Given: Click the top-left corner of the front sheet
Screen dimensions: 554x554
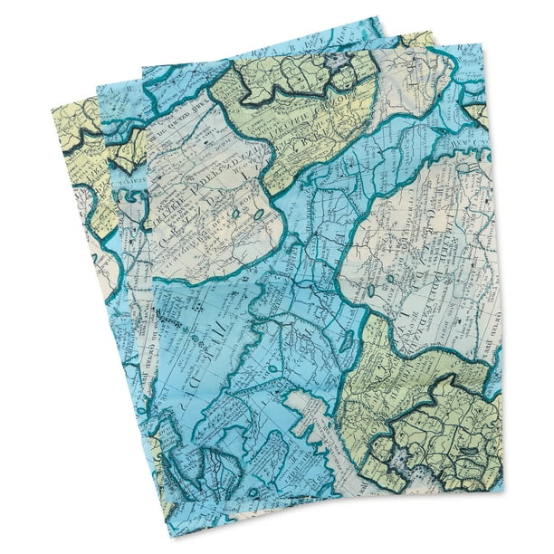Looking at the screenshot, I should (142, 68).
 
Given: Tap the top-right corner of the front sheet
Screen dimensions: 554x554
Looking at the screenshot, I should (482, 42).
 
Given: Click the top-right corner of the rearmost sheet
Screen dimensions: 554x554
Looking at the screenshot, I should (381, 15).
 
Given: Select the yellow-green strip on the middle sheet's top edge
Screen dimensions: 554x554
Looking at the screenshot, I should (416, 40).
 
